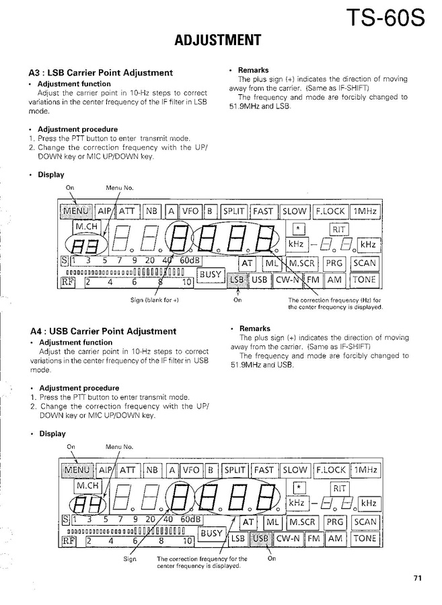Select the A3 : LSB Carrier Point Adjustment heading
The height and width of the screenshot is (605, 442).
point(101,73)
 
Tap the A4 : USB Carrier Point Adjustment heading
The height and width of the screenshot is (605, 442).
point(103,331)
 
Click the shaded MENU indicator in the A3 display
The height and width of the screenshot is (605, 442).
point(75,211)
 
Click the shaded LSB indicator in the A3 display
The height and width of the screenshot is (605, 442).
point(236,279)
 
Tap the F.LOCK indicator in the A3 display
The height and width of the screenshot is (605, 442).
point(330,211)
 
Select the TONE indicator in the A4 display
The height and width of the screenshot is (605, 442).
point(365,538)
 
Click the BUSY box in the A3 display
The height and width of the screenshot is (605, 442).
point(211,275)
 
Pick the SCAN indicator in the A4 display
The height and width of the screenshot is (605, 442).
point(365,522)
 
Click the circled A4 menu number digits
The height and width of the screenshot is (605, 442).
point(83,503)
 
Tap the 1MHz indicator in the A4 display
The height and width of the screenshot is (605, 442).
point(365,470)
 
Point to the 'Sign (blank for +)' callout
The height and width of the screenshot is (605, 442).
point(155,300)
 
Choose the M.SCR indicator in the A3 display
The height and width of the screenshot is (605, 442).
point(303,262)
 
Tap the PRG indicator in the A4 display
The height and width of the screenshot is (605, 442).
point(334,522)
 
